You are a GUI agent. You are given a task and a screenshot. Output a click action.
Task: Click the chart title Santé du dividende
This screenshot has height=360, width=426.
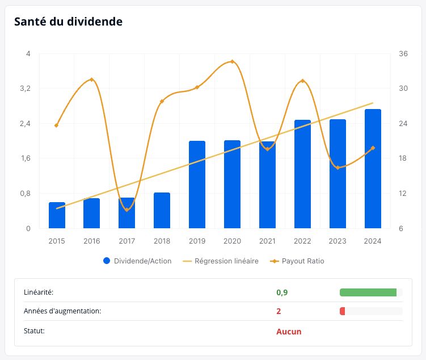click(x=68, y=22)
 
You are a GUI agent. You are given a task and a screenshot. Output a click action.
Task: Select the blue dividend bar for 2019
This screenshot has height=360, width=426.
click(x=197, y=185)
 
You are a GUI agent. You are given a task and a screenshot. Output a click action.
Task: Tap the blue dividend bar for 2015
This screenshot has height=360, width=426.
click(x=57, y=215)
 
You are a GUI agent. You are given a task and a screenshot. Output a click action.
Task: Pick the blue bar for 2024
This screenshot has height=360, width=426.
click(x=373, y=169)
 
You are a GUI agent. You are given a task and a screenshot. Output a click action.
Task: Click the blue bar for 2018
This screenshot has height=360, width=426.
click(x=162, y=210)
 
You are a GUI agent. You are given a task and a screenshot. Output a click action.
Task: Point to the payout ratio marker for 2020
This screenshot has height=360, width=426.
click(x=232, y=62)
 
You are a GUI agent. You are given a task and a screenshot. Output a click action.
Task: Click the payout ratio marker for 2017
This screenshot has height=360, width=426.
click(x=126, y=210)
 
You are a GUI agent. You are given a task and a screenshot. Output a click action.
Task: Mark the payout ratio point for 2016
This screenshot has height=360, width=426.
click(x=91, y=79)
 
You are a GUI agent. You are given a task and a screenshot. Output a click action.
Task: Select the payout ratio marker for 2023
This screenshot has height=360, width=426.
click(x=338, y=168)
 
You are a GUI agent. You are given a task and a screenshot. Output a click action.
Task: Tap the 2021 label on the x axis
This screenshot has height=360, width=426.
click(x=267, y=241)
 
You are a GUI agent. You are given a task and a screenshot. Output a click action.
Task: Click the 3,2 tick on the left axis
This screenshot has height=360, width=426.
click(x=26, y=89)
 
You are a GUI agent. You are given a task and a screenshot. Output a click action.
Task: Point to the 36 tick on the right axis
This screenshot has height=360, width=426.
click(x=403, y=53)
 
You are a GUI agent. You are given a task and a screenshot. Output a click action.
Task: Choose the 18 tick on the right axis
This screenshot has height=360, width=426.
click(x=403, y=158)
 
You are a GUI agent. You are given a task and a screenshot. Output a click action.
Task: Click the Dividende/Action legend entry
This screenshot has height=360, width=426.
click(x=137, y=261)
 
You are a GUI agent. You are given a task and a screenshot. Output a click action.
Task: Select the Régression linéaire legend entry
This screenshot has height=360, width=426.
click(x=221, y=261)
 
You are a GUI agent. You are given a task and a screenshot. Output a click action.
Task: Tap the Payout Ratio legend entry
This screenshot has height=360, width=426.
click(x=297, y=261)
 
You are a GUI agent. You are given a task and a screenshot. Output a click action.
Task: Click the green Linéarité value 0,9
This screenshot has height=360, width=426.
click(x=282, y=292)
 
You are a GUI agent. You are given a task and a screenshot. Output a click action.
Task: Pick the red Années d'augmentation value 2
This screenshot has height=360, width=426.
click(x=279, y=311)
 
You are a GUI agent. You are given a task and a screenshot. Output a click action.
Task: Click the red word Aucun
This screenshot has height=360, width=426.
click(x=289, y=332)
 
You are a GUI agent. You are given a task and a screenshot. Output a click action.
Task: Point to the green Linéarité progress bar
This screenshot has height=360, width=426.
click(x=368, y=292)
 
